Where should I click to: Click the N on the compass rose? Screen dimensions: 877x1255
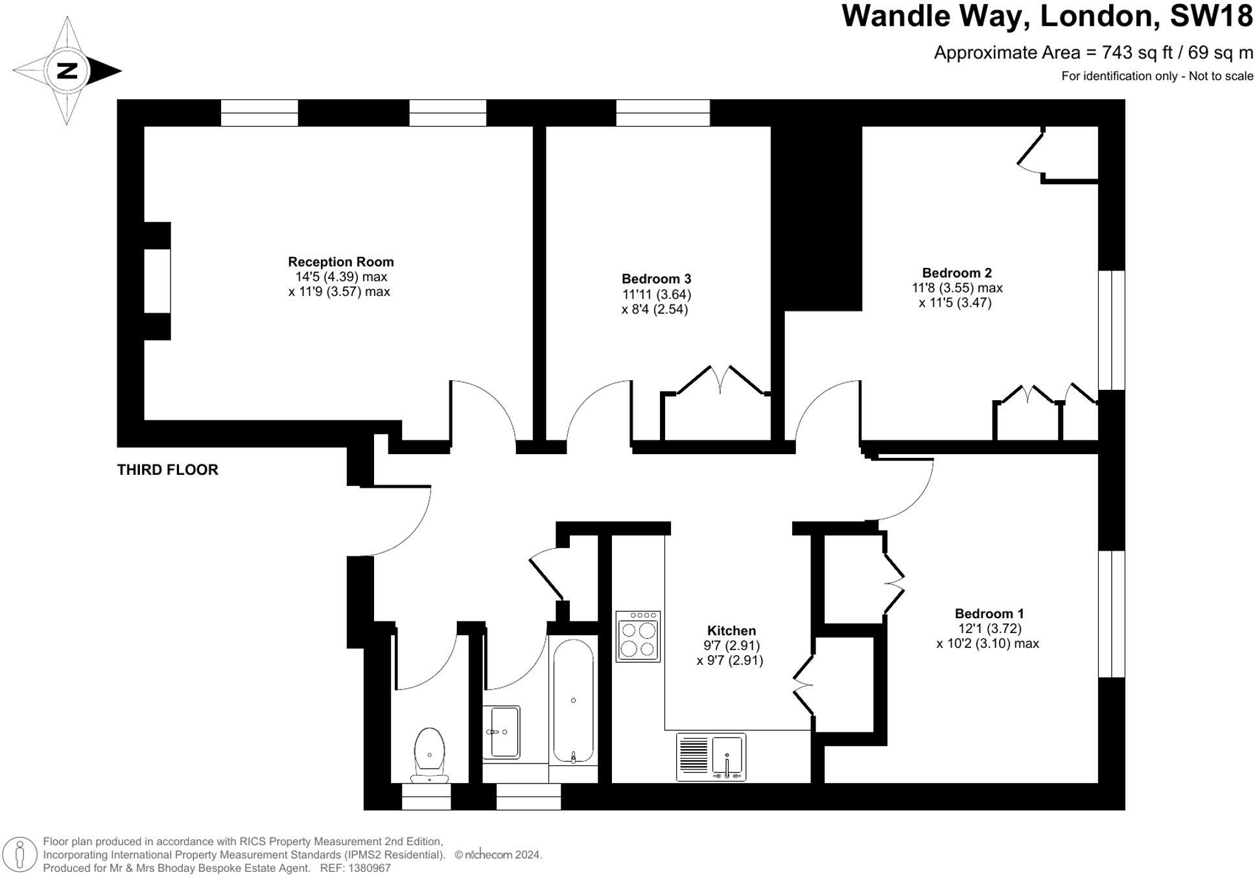point(67,70)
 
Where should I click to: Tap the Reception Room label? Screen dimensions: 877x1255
point(340,262)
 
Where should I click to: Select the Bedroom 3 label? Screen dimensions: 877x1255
point(656,279)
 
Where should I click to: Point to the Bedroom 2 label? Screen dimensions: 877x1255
point(956,273)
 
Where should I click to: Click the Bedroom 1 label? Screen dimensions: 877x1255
point(989,614)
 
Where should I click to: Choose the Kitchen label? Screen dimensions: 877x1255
point(731,631)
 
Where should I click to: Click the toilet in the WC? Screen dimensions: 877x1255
point(429,756)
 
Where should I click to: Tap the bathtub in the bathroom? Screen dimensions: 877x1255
point(573,701)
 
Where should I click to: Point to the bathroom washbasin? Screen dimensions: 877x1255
point(502,732)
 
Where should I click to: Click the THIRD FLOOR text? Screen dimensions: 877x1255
point(167,470)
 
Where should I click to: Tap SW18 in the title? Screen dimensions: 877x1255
point(1211,16)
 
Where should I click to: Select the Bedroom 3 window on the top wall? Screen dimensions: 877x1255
point(663,113)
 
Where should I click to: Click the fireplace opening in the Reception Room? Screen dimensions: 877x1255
point(158,281)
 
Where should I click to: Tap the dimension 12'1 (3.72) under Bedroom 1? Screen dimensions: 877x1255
point(989,629)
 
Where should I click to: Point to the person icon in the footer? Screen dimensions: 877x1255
point(20,854)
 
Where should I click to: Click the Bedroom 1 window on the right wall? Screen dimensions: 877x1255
point(1111,614)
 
